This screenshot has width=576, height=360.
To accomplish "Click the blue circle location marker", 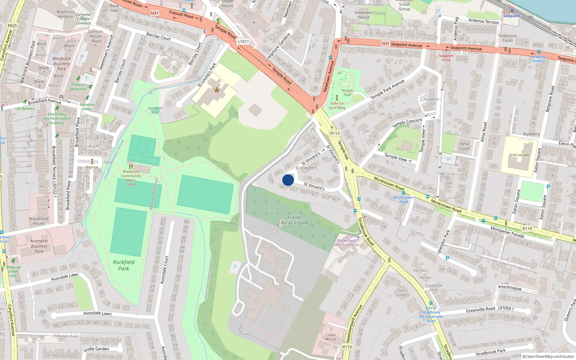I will (x=288, y=180).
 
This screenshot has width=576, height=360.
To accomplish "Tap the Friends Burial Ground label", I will (x=294, y=220).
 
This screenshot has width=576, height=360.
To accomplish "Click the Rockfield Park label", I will (x=123, y=265).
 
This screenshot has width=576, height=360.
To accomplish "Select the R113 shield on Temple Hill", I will (x=335, y=133).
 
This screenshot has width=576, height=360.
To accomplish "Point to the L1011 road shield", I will (x=243, y=41).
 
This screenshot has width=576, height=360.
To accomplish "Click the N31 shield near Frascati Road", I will (x=154, y=13).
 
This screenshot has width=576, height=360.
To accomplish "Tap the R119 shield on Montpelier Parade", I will (x=527, y=228).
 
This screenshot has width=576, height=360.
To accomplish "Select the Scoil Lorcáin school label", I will (x=519, y=155).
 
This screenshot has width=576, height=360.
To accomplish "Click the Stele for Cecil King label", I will (x=337, y=105).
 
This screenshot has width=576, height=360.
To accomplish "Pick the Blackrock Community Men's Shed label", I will (x=131, y=178).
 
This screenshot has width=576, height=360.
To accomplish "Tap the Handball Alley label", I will (x=155, y=110).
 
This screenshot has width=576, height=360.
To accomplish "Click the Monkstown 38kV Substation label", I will (x=346, y=243).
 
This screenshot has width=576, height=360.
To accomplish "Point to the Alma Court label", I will (x=464, y=146).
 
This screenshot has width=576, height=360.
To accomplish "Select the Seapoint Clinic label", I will (x=446, y=58).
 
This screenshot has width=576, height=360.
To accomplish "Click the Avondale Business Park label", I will (x=39, y=246).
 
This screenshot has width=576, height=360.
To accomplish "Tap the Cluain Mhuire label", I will (x=330, y=337).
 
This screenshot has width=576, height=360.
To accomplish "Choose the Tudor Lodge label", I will (x=401, y=292).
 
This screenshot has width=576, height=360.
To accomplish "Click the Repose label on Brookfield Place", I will (x=92, y=167).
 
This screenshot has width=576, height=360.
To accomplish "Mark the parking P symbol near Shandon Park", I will (x=447, y=258).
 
